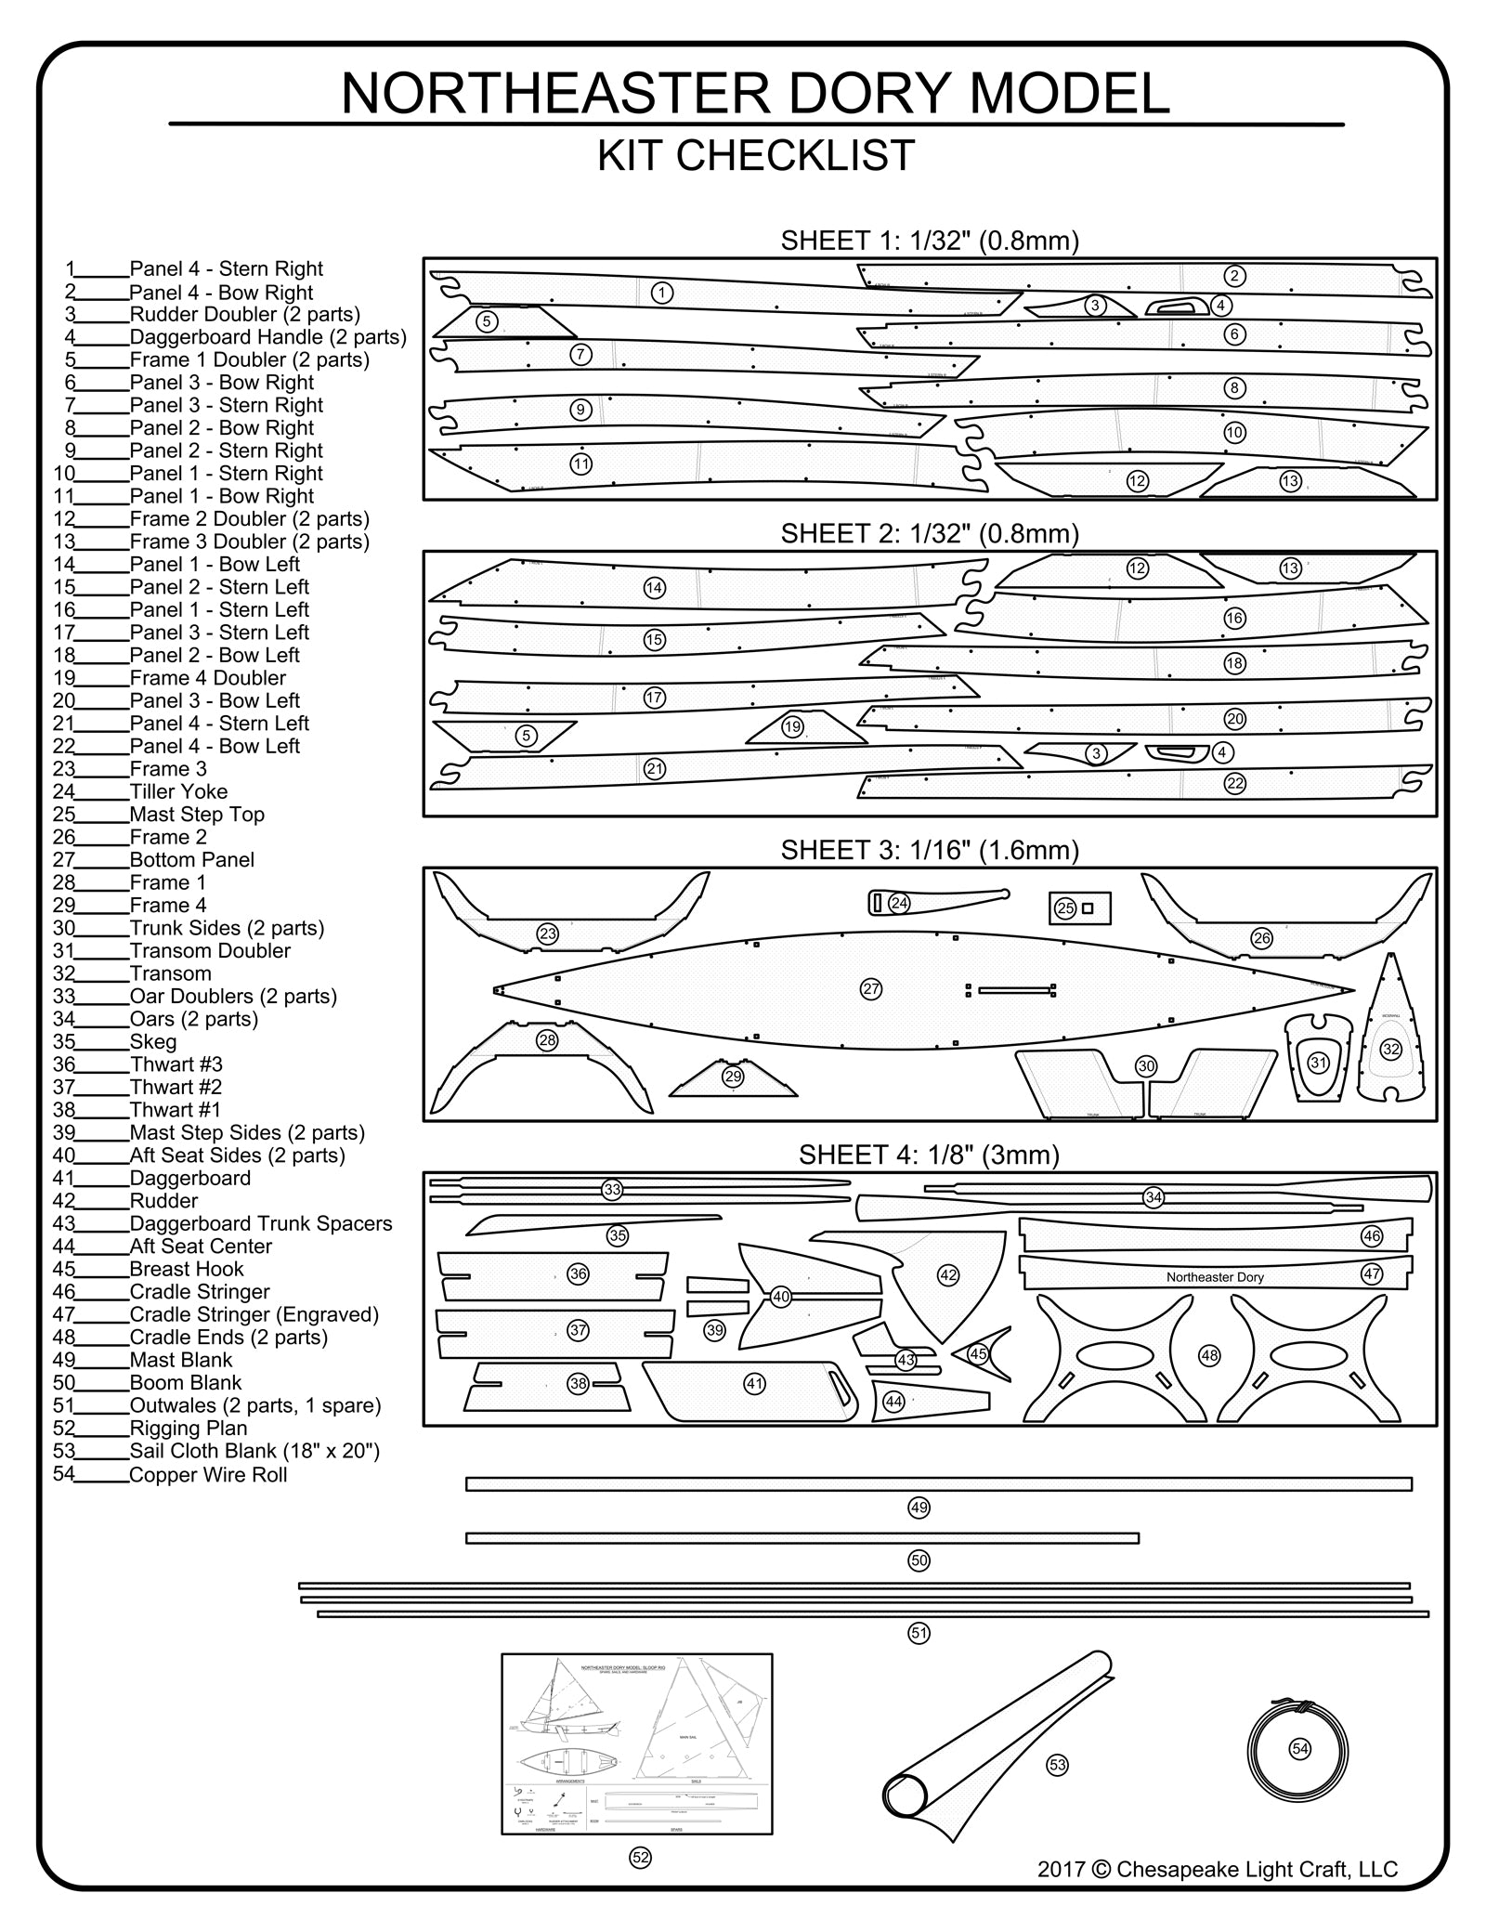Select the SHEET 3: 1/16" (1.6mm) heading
click(x=930, y=850)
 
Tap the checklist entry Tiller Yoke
click(x=178, y=791)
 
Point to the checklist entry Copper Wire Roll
click(x=208, y=1474)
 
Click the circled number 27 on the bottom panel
click(x=870, y=989)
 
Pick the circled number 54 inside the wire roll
click(x=1300, y=1749)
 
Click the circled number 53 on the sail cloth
click(x=1057, y=1764)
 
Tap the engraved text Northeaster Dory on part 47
click(x=1215, y=1277)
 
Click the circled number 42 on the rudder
click(x=948, y=1275)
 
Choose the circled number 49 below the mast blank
click(x=919, y=1508)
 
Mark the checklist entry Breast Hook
click(x=186, y=1269)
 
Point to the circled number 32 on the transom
click(x=1390, y=1050)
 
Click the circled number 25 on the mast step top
click(x=1065, y=908)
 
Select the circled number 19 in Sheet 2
click(x=792, y=727)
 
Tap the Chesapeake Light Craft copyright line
click(x=1218, y=1869)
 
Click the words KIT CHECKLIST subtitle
click(x=756, y=155)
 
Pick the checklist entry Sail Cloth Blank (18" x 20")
click(x=254, y=1451)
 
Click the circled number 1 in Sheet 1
click(x=661, y=293)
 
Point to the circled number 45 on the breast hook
click(x=978, y=1353)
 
